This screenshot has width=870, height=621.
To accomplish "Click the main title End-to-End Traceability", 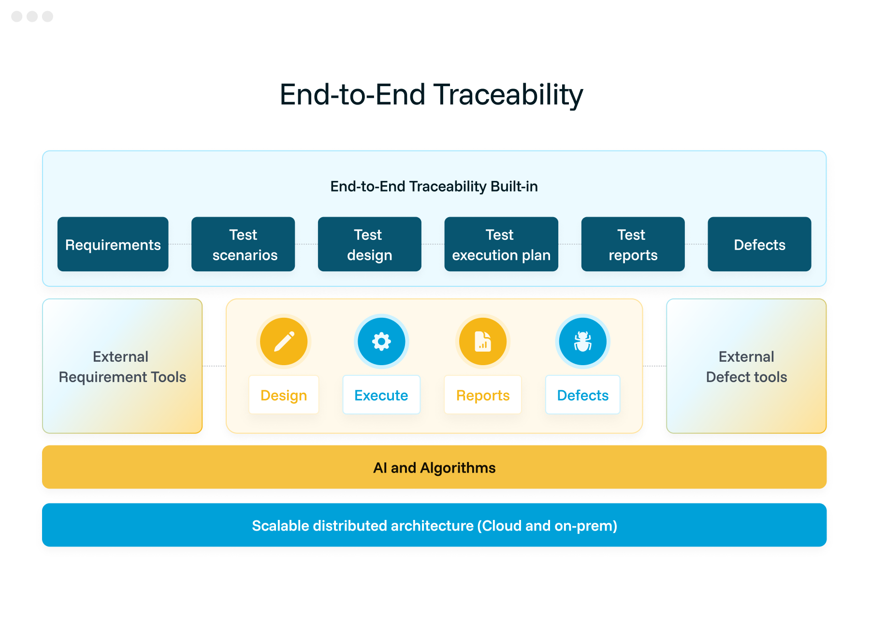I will [431, 94].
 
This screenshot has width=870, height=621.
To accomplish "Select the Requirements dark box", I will [113, 244].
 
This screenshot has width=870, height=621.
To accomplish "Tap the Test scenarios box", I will [243, 244].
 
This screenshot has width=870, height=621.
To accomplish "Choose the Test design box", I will [369, 244].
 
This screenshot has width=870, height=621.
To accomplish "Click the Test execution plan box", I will [501, 244].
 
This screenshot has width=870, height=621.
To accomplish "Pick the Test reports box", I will [633, 244].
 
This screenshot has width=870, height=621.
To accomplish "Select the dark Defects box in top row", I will [759, 244].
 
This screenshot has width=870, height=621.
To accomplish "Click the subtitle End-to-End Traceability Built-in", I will [434, 186].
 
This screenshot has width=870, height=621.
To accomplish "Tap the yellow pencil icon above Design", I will [284, 341].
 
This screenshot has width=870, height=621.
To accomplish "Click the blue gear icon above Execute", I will [381, 341].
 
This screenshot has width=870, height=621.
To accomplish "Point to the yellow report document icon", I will [483, 341].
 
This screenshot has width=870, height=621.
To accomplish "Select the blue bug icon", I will [582, 341].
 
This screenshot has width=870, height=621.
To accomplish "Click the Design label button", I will [284, 395].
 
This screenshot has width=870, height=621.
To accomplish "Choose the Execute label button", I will [381, 395].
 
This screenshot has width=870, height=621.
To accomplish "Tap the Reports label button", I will [483, 395].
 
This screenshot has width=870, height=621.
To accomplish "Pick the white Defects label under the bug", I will [582, 395].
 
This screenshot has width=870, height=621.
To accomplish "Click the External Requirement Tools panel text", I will [122, 367].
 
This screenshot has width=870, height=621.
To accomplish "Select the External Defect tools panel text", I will [746, 367].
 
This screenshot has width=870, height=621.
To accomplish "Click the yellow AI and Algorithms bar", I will [434, 467].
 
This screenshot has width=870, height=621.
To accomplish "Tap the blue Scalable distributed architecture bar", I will [434, 525].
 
